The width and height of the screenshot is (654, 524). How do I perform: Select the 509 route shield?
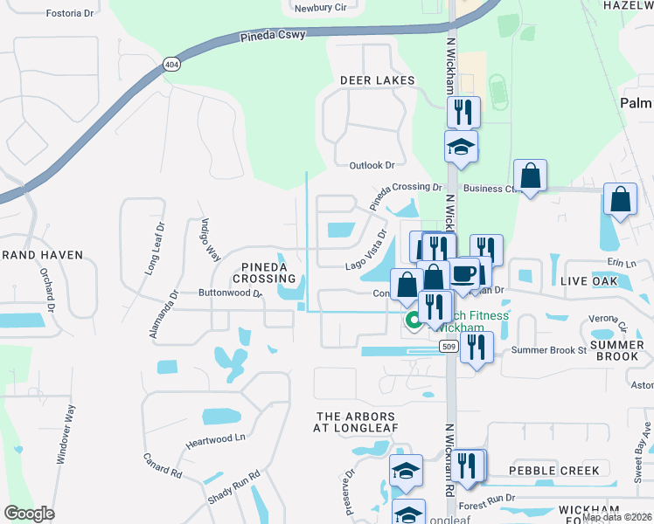coord(449,347)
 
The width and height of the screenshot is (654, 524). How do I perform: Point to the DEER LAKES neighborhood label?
coord(377,80)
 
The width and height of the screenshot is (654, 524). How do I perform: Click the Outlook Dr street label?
coord(372,165)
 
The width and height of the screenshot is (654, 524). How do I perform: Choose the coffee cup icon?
coord(463,273)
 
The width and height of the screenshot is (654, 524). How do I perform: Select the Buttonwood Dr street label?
coord(230,293)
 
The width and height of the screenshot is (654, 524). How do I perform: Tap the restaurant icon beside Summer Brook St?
coord(477,348)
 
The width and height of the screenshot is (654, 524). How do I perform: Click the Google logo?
coord(29,514)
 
